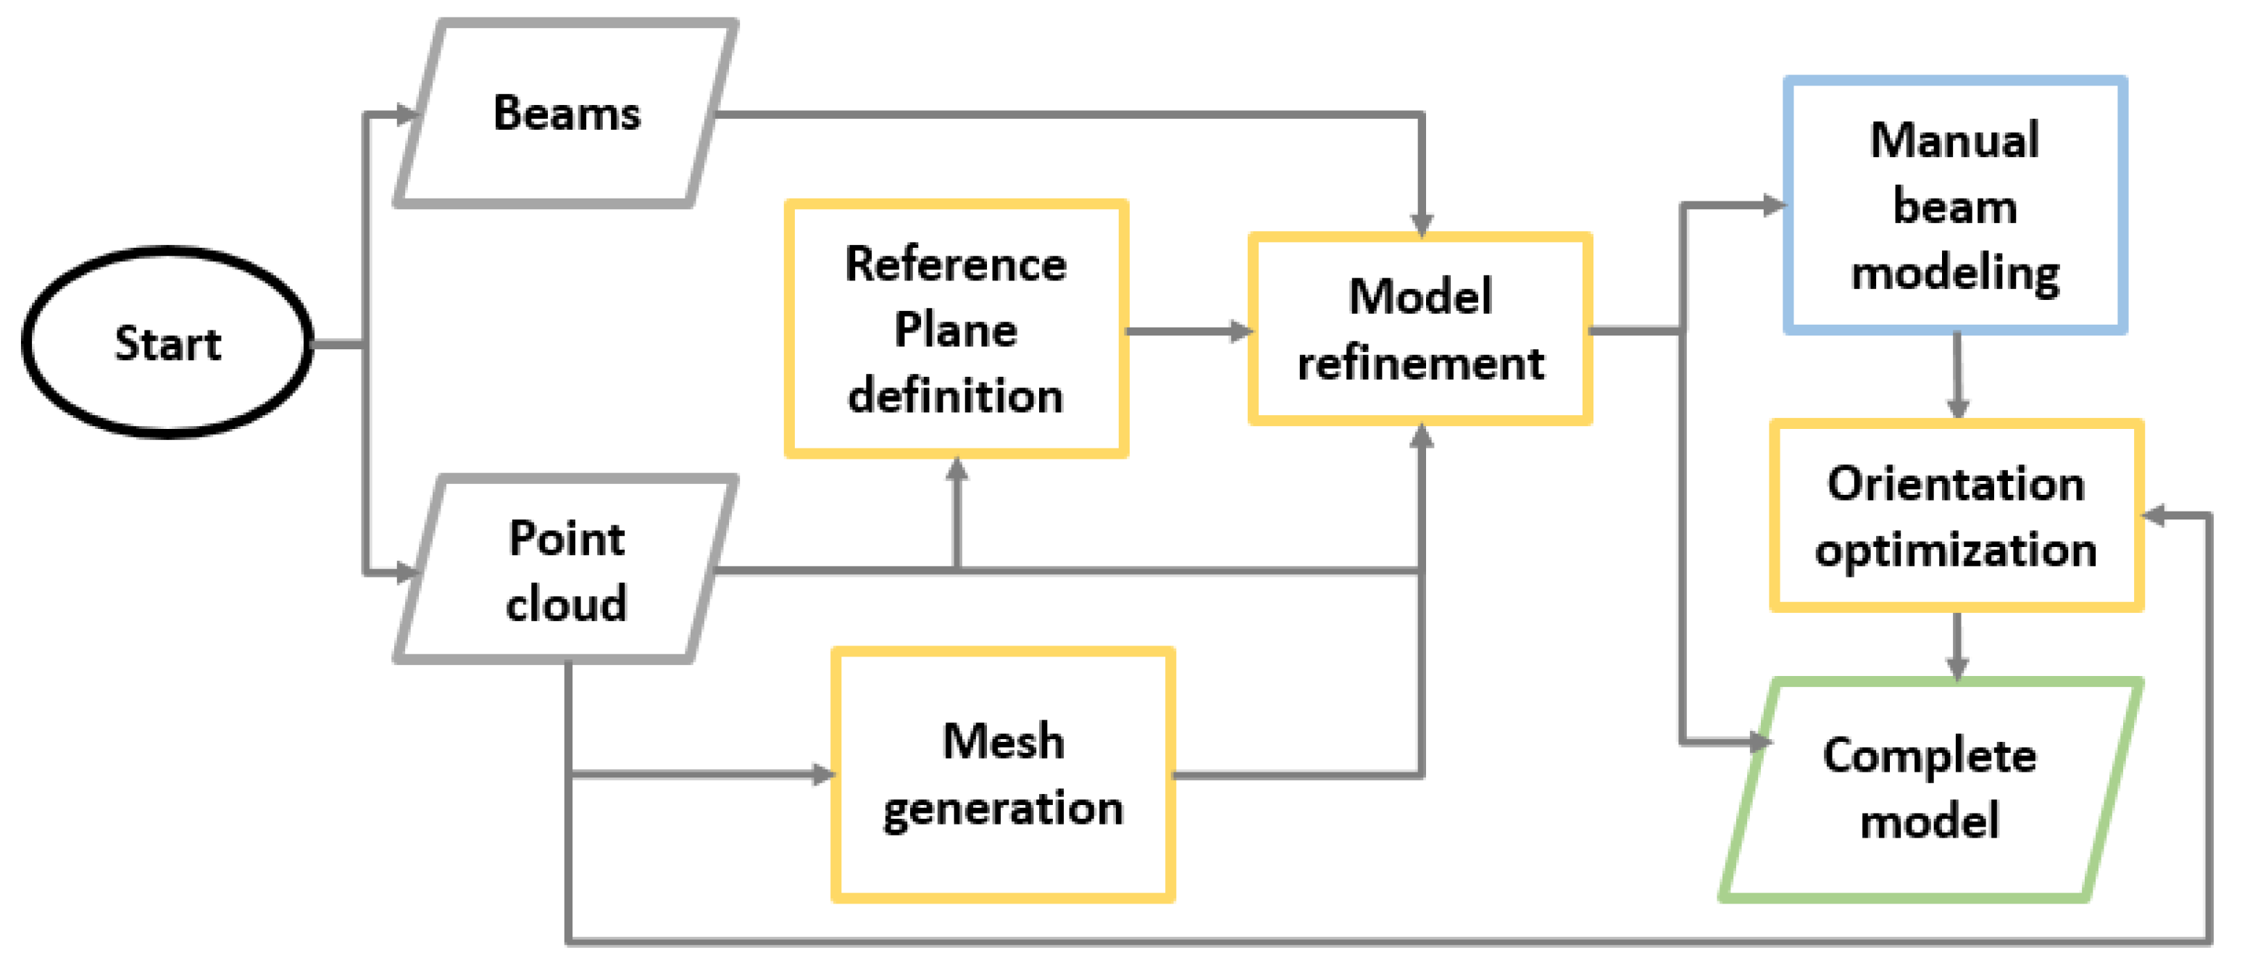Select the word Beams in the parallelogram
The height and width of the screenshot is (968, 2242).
(567, 113)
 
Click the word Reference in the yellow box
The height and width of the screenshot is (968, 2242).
(956, 264)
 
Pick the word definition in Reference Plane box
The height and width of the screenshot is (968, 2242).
(956, 396)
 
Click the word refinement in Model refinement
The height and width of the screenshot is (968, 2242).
(1420, 363)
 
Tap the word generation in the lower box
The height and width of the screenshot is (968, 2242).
(1003, 809)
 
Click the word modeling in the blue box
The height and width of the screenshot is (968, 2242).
(1955, 273)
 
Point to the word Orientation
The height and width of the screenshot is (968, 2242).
(1956, 483)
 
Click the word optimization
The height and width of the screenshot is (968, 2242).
(1956, 550)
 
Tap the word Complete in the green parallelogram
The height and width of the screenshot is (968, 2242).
(1930, 755)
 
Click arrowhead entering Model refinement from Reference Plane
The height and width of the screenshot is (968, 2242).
(1241, 331)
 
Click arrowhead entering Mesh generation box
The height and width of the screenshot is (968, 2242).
(822, 774)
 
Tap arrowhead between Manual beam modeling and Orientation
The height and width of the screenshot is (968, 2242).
(1957, 407)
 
